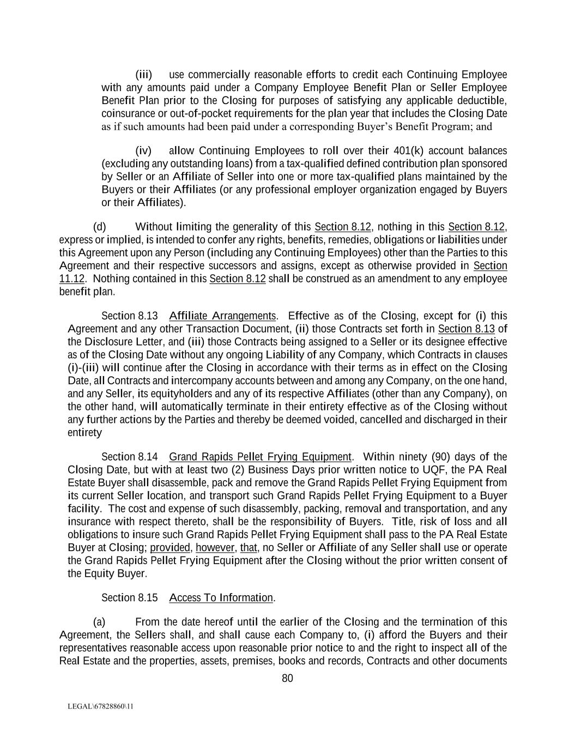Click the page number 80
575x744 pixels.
[x=287, y=678]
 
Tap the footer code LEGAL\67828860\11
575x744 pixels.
[x=100, y=706]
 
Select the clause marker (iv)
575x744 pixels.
[x=143, y=150]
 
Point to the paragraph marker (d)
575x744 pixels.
[x=100, y=227]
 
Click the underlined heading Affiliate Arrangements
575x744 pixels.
[x=222, y=316]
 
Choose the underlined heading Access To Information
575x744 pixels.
[x=221, y=598]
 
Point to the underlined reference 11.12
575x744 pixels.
[x=71, y=279]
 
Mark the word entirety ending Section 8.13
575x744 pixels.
[x=84, y=433]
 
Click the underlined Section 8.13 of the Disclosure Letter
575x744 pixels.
[x=466, y=329]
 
